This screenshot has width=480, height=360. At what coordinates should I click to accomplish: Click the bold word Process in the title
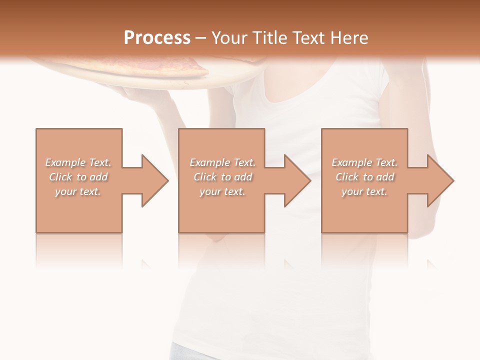tap(157, 38)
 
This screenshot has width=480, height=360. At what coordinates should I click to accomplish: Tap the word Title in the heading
tap(266, 38)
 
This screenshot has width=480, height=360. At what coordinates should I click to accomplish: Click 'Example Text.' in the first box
tap(78, 162)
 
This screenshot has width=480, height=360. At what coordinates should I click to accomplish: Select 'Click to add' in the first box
tap(78, 177)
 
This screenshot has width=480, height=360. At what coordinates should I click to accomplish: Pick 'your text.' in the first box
tap(78, 191)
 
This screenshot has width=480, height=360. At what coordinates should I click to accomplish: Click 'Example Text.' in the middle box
tap(222, 162)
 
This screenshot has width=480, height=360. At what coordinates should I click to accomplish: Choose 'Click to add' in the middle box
tap(222, 177)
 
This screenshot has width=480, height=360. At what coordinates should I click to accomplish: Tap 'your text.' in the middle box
tap(222, 191)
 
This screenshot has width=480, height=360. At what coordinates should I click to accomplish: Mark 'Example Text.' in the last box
tap(364, 162)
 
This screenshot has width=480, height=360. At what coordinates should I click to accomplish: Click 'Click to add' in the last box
tap(364, 177)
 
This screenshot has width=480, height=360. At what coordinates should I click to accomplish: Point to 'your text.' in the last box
tap(364, 191)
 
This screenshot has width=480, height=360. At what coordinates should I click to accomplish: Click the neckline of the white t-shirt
tap(300, 107)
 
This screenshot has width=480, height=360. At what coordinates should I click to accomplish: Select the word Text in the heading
tap(308, 38)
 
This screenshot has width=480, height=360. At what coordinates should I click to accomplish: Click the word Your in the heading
tap(228, 38)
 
